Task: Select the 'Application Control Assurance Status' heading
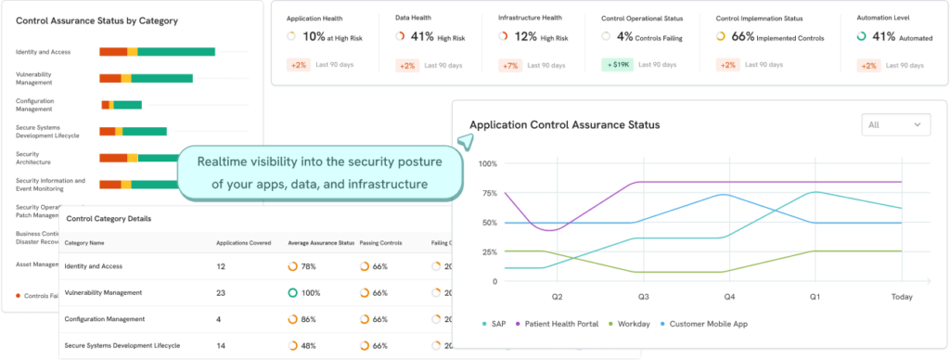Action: (x=565, y=125)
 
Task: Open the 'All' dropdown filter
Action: (x=895, y=124)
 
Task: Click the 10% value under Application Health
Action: (x=315, y=36)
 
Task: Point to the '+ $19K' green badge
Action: (x=616, y=65)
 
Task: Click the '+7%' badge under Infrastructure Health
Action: (x=509, y=65)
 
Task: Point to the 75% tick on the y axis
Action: (x=487, y=193)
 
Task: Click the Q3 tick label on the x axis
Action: (x=642, y=298)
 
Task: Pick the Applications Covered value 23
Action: (x=221, y=293)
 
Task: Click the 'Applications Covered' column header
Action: (x=243, y=243)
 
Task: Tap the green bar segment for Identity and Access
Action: (x=176, y=52)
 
